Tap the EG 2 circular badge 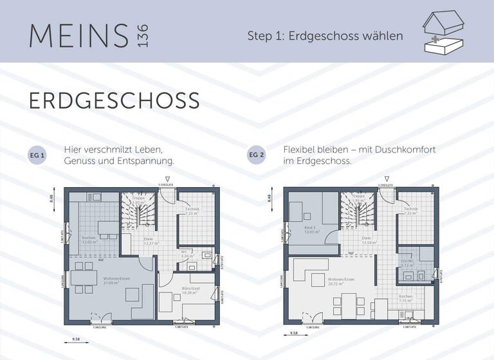(255, 156)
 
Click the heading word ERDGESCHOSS (114, 101)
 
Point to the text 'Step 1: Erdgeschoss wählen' (325, 35)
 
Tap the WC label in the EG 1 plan (184, 253)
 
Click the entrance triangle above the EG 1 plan (167, 179)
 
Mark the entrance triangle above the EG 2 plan (387, 179)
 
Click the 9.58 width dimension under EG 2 (293, 333)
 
